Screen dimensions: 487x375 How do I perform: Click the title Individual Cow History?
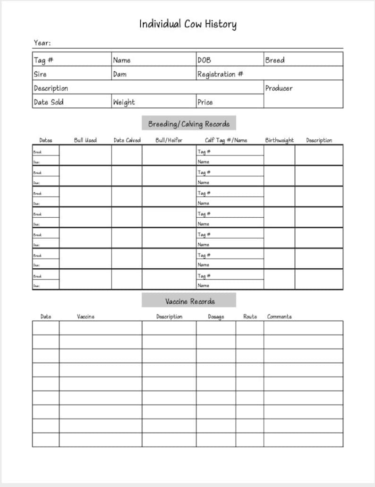point(187,24)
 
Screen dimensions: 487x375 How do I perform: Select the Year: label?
point(42,43)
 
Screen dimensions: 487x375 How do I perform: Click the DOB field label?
point(204,60)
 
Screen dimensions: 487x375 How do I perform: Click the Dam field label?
point(119,74)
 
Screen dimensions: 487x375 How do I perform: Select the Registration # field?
point(220,74)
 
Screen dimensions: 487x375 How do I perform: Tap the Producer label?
point(279,88)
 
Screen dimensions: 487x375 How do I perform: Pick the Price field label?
point(205,102)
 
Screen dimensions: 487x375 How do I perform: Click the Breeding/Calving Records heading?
point(188,124)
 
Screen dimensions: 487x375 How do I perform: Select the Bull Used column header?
point(85,140)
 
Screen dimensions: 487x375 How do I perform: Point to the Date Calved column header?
point(127,140)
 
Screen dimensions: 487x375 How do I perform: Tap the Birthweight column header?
point(279,140)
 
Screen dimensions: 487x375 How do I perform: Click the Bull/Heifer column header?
point(169,140)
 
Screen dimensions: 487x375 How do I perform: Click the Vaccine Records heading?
point(189,301)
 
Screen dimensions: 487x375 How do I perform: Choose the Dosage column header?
point(216,316)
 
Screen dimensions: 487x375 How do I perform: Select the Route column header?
point(250,316)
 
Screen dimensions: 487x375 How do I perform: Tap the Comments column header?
point(279,316)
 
